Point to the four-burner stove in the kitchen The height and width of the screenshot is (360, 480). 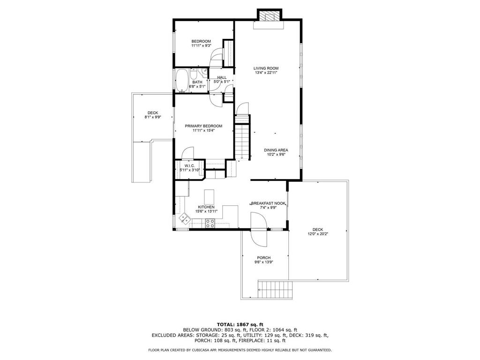(210, 224)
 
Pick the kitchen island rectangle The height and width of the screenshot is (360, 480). (210, 197)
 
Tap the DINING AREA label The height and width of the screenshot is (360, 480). (276, 150)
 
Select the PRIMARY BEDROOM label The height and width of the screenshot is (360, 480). (203, 126)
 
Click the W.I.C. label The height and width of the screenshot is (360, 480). (189, 165)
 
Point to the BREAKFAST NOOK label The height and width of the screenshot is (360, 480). (268, 203)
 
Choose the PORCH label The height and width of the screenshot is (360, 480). (263, 258)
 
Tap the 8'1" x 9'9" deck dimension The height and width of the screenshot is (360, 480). (153, 117)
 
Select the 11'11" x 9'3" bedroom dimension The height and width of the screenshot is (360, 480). (201, 45)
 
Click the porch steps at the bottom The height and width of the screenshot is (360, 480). (275, 289)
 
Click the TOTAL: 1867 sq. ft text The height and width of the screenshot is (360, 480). (240, 324)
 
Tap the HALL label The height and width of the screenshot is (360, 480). (222, 77)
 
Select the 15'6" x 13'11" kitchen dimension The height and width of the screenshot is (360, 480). (206, 211)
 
